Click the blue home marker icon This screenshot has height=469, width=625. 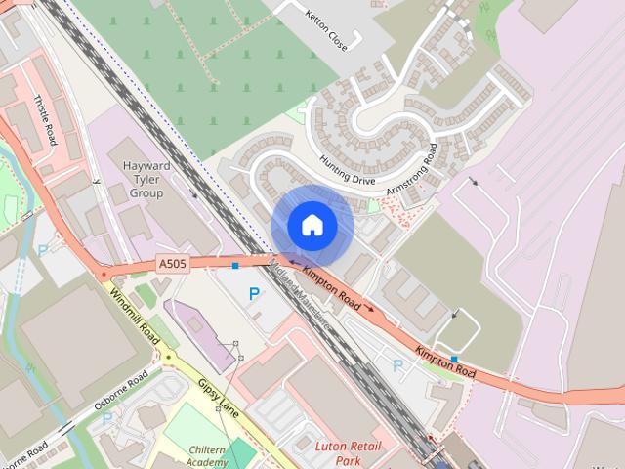pyautogui.click(x=312, y=226)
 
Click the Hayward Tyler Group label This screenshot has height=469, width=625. pyautogui.click(x=146, y=180)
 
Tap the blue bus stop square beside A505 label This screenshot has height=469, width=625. pyautogui.click(x=235, y=265)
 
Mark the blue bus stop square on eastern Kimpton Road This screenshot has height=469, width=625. pyautogui.click(x=454, y=359)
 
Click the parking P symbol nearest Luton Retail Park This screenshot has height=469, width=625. pyautogui.click(x=397, y=365)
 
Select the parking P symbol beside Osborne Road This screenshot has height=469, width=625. pyautogui.click(x=107, y=418)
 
